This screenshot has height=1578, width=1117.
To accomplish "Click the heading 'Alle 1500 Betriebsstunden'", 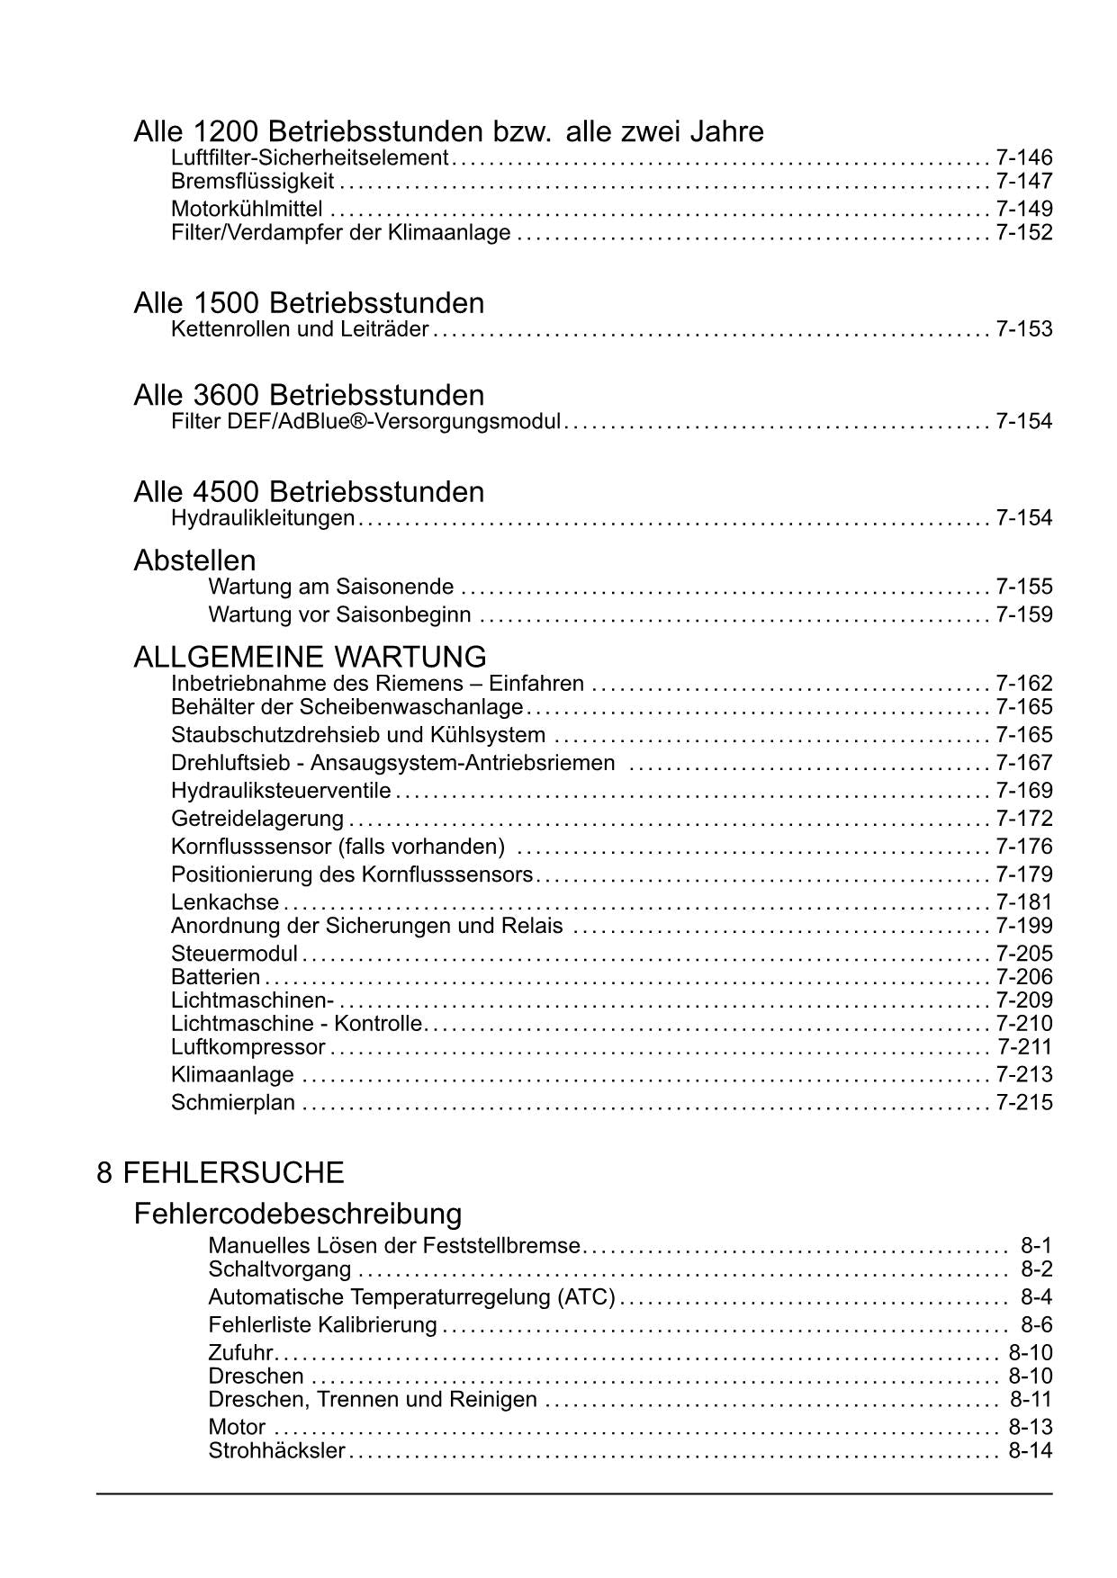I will pos(309,302).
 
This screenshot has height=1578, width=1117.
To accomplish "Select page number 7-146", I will pos(1023,157).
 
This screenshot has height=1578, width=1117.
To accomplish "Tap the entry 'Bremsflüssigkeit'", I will pos(252,182).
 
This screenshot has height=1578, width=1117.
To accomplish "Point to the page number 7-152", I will pos(1023,233).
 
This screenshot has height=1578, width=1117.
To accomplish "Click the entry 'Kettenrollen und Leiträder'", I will pos(300,329).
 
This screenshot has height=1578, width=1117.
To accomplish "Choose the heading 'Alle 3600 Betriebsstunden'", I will pos(309,395).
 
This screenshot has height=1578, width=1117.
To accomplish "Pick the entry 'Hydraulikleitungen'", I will pos(263,518).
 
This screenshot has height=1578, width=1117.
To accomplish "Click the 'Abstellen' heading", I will pos(194,560).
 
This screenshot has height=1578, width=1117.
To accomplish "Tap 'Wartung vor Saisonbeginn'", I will pos(339,615).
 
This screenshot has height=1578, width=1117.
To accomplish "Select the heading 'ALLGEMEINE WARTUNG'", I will pos(310,657).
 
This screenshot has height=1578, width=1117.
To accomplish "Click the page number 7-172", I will pos(1023,819).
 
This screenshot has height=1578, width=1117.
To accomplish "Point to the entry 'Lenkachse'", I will pos(225,902).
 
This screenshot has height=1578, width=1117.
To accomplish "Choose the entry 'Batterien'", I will pos(215,977).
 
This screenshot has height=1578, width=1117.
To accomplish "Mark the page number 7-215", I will pos(1023,1103).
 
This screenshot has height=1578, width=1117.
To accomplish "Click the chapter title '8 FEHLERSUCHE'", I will pos(221,1173).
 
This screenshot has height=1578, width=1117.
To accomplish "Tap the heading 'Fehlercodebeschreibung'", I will pos(297,1215).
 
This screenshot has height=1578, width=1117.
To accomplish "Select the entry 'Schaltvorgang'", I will pos(280,1269).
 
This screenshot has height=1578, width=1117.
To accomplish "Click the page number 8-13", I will pos(1030,1428).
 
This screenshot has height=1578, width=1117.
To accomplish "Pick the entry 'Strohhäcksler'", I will pos(276,1451).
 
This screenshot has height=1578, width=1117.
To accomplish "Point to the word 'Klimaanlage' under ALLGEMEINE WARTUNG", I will pos(232,1075).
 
